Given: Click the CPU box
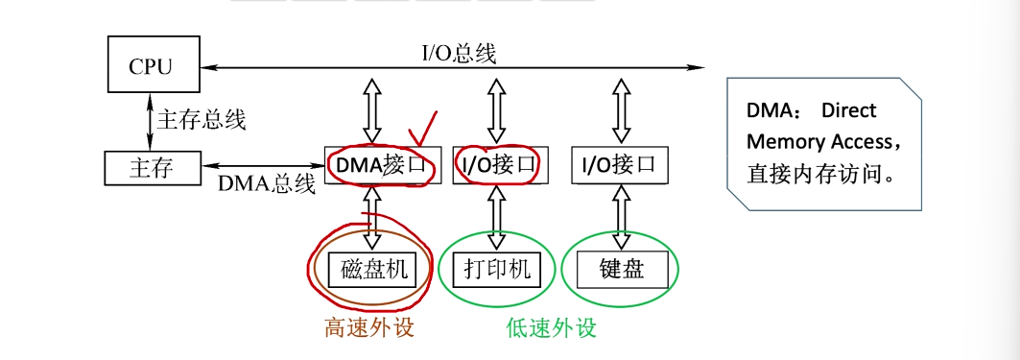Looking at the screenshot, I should tap(150, 66).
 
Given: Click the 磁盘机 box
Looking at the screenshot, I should tap(373, 270).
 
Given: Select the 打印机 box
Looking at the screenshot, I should tap(496, 270).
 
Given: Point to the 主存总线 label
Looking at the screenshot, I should tap(202, 119).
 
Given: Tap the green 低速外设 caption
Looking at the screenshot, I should tap(551, 327).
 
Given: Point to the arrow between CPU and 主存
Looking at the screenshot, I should tap(150, 119).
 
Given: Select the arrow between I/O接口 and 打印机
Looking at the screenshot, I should tap(496, 217).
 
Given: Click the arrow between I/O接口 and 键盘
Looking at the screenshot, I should tap(619, 217).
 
